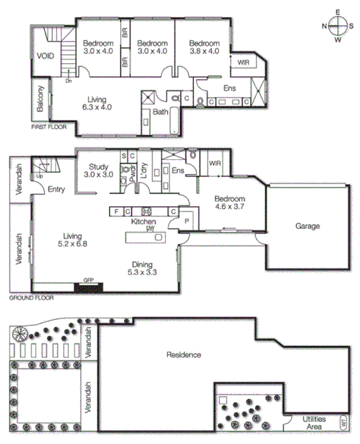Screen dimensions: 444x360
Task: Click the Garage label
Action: click(307, 226)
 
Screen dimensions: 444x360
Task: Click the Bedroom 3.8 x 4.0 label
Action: click(203, 47)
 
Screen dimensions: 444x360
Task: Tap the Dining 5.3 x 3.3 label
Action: click(147, 269)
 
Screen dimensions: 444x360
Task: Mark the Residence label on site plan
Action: click(183, 354)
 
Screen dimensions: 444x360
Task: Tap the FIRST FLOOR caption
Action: click(48, 128)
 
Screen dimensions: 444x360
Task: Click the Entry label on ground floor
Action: click(56, 189)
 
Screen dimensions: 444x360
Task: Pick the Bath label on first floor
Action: click(161, 112)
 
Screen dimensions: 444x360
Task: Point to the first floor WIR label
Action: click(243, 62)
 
